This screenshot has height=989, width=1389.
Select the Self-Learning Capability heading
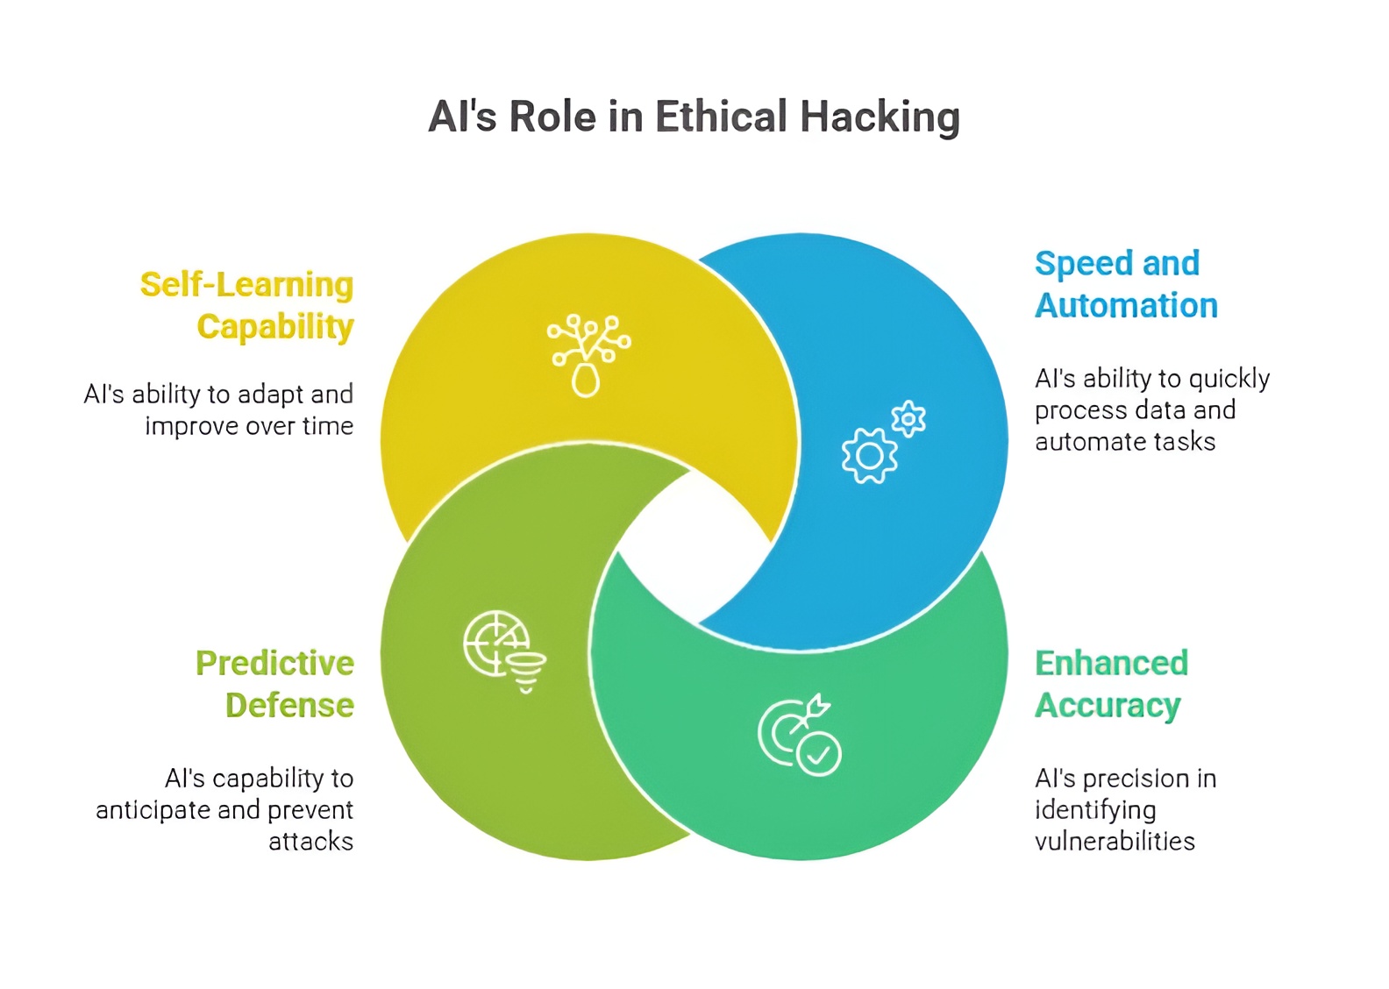(x=247, y=305)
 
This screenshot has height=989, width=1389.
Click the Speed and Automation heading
(x=1126, y=284)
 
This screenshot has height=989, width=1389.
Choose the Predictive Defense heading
(x=274, y=684)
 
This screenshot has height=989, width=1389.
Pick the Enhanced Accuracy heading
(x=1111, y=684)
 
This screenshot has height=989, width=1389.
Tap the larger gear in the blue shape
(x=869, y=455)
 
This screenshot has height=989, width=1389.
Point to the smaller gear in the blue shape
(x=908, y=419)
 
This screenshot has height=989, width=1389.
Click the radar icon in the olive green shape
(x=496, y=644)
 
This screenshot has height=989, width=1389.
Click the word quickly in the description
(x=1229, y=379)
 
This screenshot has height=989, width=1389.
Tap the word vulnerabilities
(x=1115, y=842)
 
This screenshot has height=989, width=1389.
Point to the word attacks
(x=310, y=842)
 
